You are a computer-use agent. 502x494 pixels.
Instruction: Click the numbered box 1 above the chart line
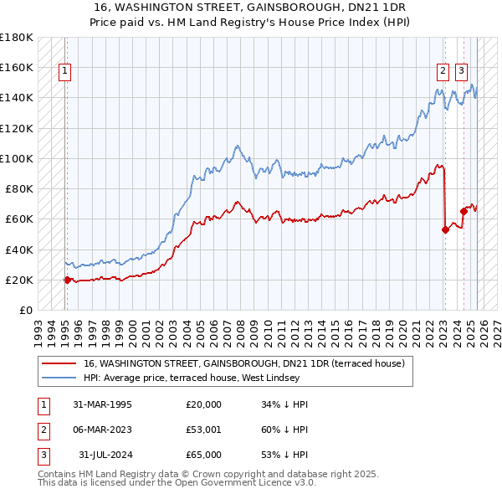[65, 72]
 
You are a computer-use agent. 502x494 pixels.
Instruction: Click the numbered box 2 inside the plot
[443, 72]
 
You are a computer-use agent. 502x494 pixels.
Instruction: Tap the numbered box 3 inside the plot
[462, 72]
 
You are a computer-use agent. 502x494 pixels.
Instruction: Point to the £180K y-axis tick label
[17, 37]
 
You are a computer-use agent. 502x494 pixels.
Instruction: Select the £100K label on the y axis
[17, 158]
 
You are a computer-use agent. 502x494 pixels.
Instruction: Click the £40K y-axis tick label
[19, 250]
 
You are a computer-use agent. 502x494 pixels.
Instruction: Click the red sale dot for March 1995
[67, 280]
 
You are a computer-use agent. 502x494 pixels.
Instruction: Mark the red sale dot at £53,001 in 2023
[445, 230]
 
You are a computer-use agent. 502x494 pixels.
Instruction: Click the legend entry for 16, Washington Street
[243, 363]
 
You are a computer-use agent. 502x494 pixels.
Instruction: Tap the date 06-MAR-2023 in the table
[102, 430]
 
